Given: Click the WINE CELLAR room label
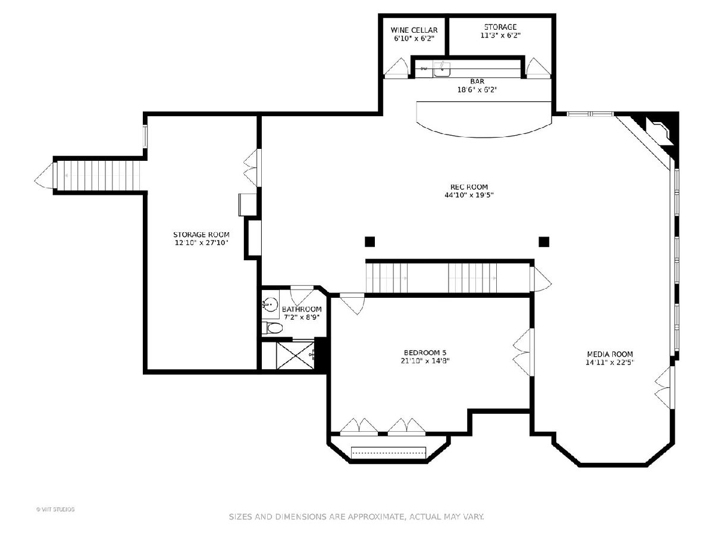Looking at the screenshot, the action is click(414, 30).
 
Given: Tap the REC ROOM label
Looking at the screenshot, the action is click(469, 187).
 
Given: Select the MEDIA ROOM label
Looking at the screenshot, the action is click(610, 354).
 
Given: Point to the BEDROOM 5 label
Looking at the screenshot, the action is click(425, 353).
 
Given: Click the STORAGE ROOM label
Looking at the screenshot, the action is click(201, 235).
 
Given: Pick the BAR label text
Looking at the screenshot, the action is click(477, 82).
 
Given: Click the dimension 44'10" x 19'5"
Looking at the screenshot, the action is click(469, 195).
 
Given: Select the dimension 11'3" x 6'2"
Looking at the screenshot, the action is click(500, 35).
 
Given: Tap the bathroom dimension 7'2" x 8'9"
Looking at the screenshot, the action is click(302, 317).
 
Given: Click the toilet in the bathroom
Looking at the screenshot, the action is click(273, 328).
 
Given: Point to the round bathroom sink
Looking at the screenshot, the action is click(270, 305).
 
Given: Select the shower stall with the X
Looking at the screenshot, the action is click(295, 356).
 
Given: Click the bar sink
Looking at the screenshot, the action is click(442, 69).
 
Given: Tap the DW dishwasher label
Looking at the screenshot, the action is click(424, 68).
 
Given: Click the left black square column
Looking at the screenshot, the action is click(369, 242).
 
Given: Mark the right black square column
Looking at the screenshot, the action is click(544, 242).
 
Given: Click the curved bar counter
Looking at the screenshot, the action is click(484, 119).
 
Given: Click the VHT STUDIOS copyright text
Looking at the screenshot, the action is click(55, 509).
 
